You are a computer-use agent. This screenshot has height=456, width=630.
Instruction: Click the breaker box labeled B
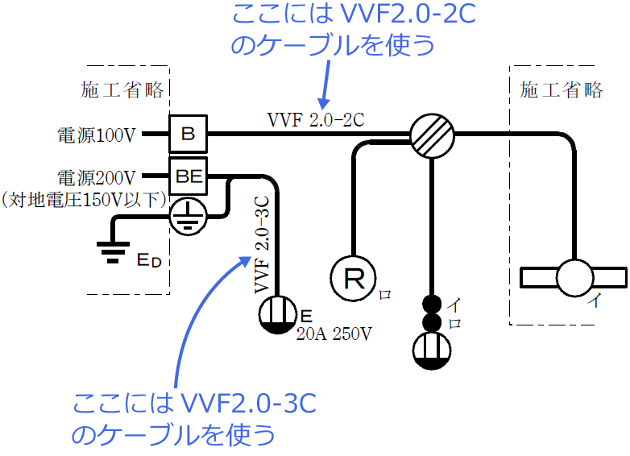188,134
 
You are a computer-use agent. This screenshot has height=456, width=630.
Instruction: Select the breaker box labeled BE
188,175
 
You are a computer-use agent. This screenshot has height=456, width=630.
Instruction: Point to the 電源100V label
96,135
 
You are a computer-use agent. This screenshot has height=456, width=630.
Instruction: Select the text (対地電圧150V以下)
83,197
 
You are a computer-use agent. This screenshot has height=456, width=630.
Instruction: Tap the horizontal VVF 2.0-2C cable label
316,120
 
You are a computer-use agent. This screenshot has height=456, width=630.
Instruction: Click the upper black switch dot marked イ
432,305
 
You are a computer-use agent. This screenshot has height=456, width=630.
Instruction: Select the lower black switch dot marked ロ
432,322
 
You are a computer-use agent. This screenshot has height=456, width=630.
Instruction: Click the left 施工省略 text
123,89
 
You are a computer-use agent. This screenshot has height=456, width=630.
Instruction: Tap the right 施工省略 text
562,89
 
